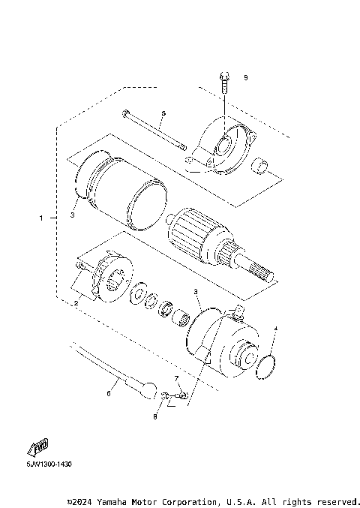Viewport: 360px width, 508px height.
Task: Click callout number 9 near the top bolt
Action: (245, 77)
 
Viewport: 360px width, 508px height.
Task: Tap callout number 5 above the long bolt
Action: (163, 113)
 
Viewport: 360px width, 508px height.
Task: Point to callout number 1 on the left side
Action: (41, 218)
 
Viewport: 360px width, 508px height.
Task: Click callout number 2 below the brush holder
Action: (76, 302)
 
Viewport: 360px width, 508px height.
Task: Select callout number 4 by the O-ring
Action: (275, 329)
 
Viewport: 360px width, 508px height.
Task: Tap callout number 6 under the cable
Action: (109, 392)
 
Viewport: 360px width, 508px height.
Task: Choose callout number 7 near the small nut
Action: (177, 379)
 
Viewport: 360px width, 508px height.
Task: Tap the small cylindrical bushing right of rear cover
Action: (261, 165)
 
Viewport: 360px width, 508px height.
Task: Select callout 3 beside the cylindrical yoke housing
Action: (73, 215)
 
